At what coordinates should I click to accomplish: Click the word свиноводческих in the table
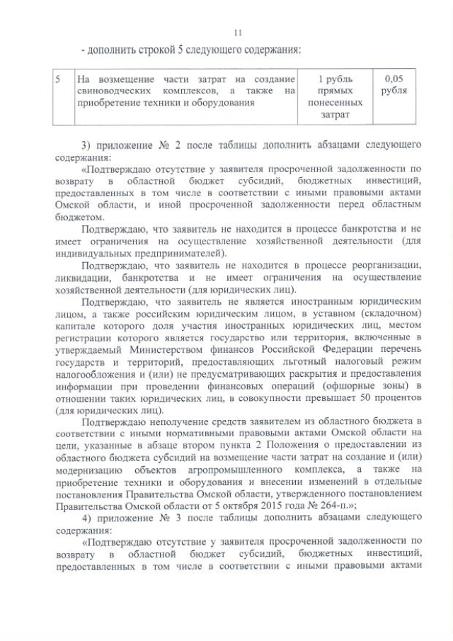(x=109, y=91)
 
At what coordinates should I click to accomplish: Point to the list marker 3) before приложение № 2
(x=86, y=146)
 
